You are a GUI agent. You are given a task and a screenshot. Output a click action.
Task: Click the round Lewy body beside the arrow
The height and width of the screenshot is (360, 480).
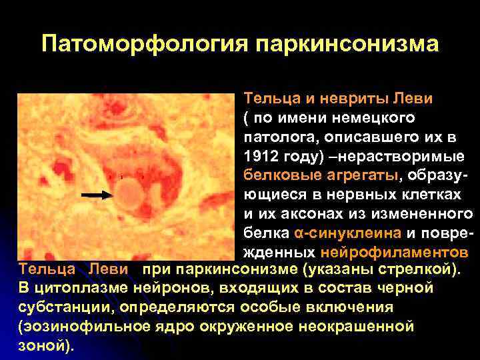131,195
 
